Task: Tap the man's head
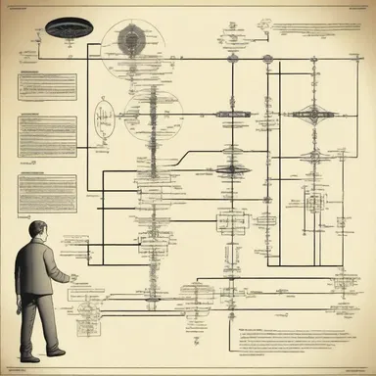pyautogui.click(x=33, y=213)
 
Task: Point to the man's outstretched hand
pyautogui.click(x=69, y=277)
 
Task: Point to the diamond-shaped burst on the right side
pyautogui.click(x=312, y=115)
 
